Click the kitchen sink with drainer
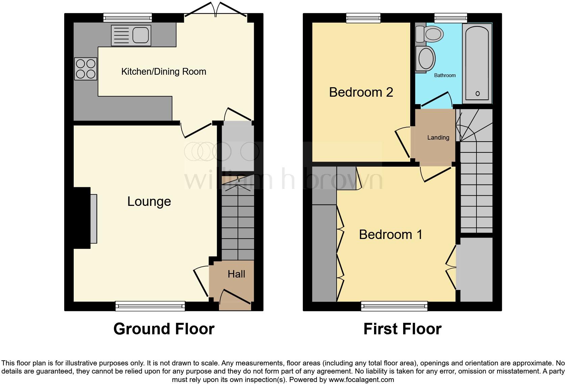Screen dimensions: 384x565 pos(131,35)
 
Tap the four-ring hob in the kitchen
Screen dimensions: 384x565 pos(86,69)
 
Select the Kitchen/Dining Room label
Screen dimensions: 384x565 pos(164,72)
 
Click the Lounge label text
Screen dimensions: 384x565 pos(149,201)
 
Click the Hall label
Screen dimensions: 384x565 pos(236,274)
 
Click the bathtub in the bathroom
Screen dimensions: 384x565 pos(477,63)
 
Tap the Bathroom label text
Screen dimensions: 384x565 pos(445,75)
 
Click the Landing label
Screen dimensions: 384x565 pos(438,138)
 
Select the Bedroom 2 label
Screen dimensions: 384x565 pos(361,92)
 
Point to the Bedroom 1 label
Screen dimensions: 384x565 pos(391,235)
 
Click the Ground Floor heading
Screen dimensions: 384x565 pos(164,329)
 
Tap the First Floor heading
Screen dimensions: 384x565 pos(402,329)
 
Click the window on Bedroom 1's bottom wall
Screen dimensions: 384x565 pos(394,306)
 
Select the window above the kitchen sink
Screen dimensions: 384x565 pos(127,17)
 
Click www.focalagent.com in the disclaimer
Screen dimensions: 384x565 pos(361,380)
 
